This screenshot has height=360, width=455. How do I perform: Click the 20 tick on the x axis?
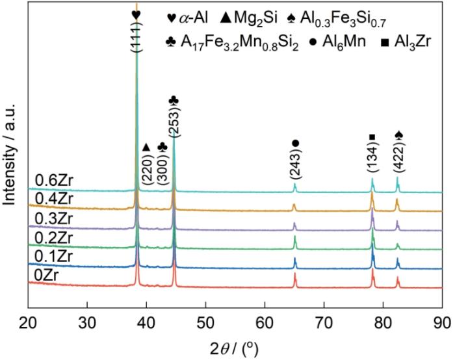click(x=29, y=321)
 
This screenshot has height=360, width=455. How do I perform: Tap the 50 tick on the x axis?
click(x=205, y=321)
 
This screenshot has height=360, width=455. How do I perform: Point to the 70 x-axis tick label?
click(x=324, y=321)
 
